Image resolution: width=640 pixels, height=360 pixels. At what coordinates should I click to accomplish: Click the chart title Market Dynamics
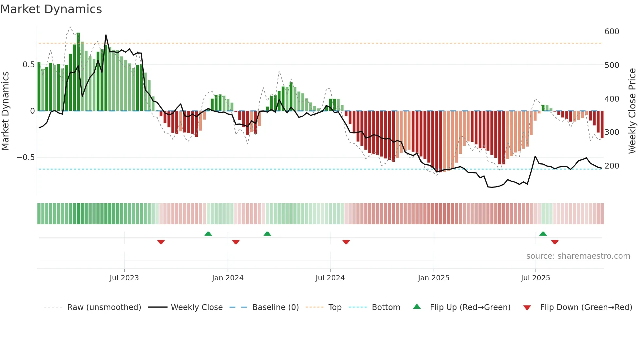(x=51, y=9)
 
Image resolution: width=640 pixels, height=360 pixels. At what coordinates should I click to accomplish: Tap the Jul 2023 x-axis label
(x=124, y=278)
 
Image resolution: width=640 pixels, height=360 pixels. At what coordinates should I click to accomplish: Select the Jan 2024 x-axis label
(x=228, y=278)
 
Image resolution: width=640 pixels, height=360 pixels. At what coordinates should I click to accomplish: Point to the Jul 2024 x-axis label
(x=330, y=278)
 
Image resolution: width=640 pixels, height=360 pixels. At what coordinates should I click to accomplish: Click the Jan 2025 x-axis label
(x=434, y=278)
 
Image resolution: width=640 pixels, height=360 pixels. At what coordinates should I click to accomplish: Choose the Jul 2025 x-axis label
(x=536, y=278)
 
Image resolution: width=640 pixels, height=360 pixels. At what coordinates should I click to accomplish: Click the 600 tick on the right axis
(x=612, y=32)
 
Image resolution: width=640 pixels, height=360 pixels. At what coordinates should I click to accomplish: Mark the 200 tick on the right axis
(x=612, y=166)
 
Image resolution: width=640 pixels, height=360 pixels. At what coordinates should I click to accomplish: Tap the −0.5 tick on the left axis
(x=26, y=157)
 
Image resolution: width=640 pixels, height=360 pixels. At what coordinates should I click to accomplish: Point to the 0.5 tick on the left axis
(x=28, y=65)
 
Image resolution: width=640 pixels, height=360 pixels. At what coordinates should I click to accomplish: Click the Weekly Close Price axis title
(x=632, y=111)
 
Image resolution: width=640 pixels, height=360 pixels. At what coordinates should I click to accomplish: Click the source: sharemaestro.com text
(x=578, y=256)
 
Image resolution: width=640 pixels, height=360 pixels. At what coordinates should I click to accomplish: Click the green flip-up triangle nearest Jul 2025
(x=543, y=234)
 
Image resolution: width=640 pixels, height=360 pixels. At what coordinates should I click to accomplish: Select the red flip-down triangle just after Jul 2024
(x=346, y=242)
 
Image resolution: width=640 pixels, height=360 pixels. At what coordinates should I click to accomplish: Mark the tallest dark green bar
(x=78, y=72)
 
